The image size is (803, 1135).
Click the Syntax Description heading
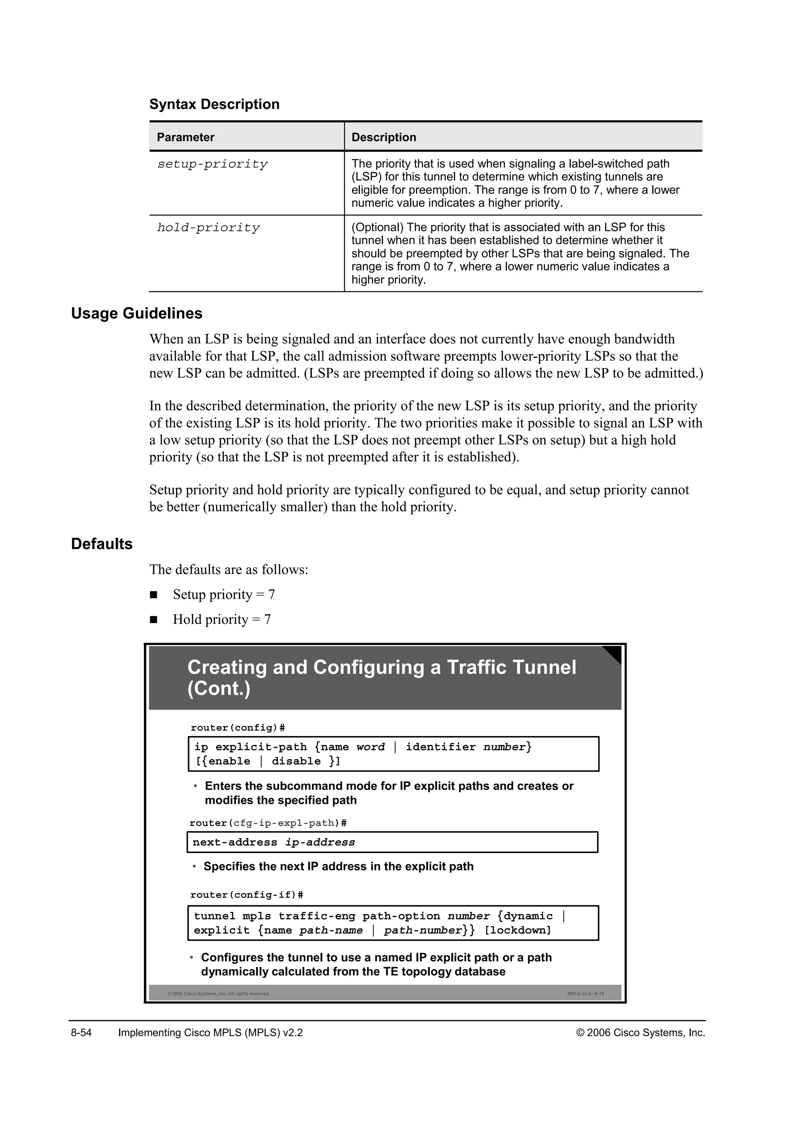pos(214,104)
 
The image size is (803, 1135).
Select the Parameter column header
pos(185,138)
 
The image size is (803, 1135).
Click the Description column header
pos(384,138)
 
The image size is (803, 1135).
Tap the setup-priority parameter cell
pos(212,164)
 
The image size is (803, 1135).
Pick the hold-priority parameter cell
pos(208,228)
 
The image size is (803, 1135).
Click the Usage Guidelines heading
pos(136,314)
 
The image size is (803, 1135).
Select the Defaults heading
pos(102,544)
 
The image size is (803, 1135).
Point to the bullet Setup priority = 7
pos(223,594)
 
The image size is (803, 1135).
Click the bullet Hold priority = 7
pos(222,619)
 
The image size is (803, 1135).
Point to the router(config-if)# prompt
pos(246,895)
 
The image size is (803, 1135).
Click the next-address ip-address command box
pos(392,842)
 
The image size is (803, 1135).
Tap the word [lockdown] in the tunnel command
pos(517,930)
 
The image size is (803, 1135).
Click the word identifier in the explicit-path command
pos(441,747)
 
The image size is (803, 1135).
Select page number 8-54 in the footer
pos(81,1033)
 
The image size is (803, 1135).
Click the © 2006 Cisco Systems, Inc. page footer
pos(640,1033)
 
